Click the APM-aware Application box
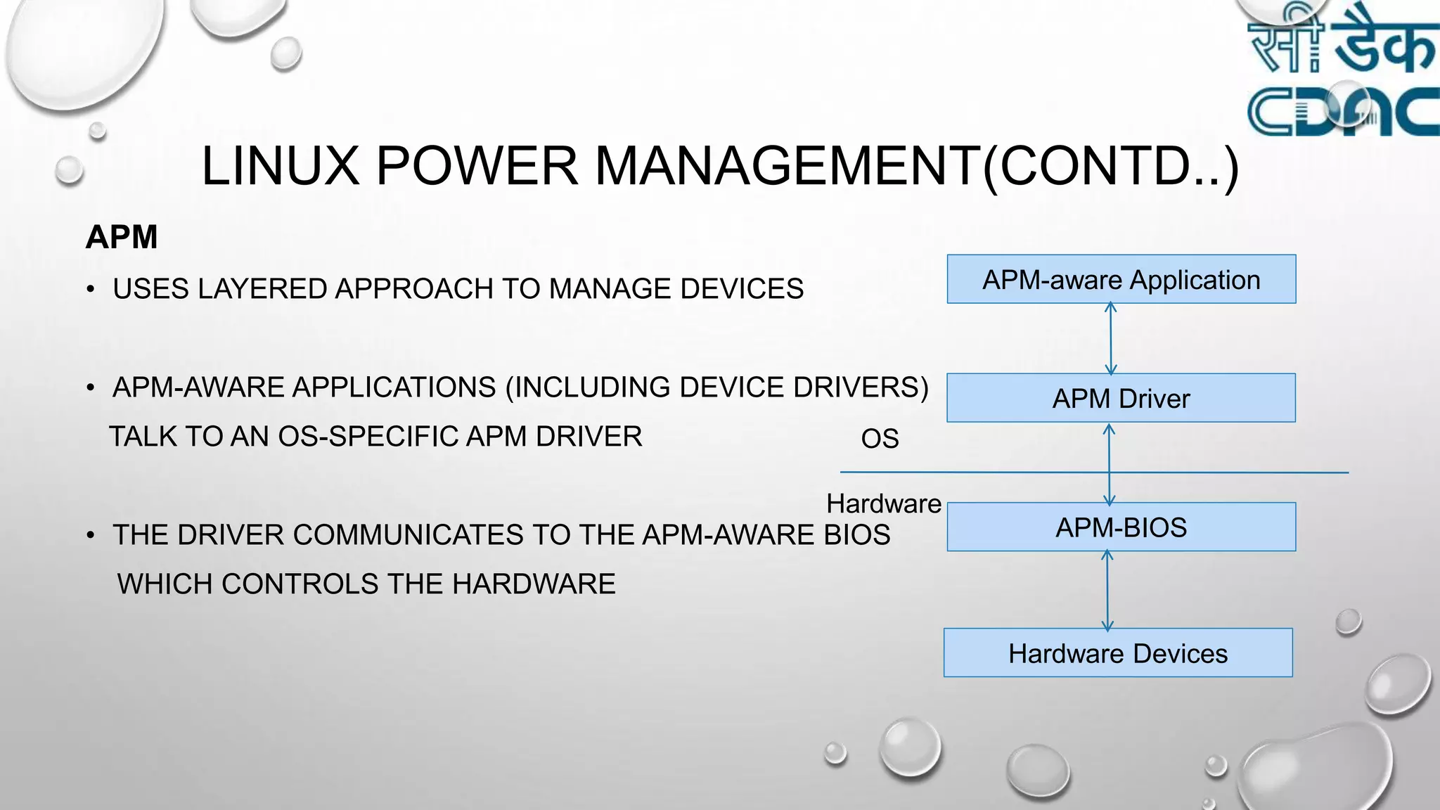tap(1121, 279)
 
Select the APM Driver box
tap(1121, 398)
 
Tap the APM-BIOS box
tap(1121, 527)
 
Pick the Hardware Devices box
tap(1118, 653)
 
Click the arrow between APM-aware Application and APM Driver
tap(1111, 338)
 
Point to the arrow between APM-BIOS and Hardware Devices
tap(1107, 590)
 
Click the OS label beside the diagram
tap(880, 439)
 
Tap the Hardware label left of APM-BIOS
tap(884, 503)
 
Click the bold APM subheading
tap(122, 237)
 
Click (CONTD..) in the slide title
tap(1110, 167)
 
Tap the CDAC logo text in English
tap(1343, 111)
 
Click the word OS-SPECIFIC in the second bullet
tap(368, 437)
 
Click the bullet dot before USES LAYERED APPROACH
tap(91, 289)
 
